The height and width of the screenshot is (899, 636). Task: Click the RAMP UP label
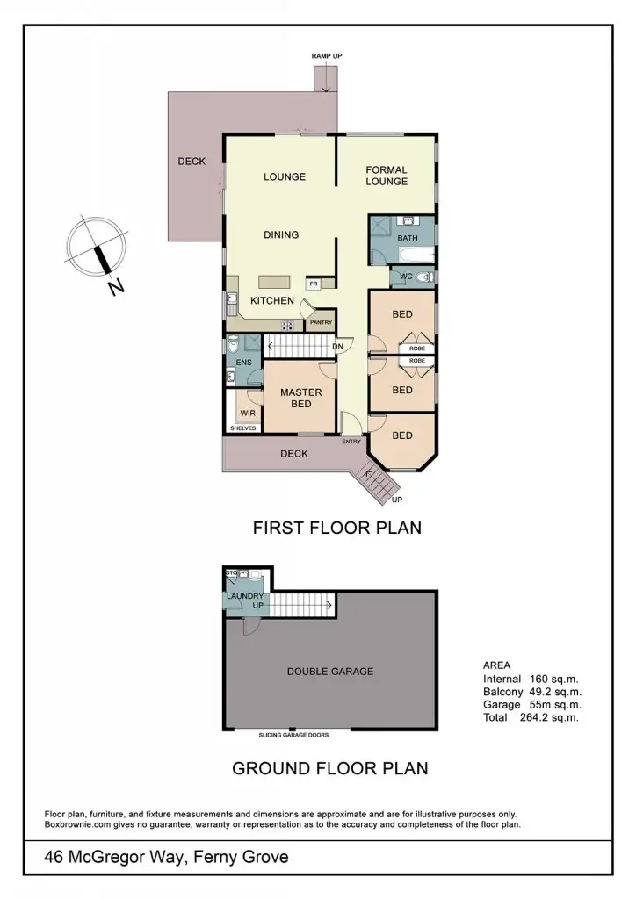pos(327,56)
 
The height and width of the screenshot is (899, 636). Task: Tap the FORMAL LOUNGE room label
pos(387,176)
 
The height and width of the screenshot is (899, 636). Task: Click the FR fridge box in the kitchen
pos(313,284)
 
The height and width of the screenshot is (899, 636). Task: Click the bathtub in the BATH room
pos(413,255)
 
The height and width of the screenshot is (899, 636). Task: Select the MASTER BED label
pos(301,398)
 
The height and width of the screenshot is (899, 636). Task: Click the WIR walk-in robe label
pos(247,410)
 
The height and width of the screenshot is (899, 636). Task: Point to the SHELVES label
pos(243,428)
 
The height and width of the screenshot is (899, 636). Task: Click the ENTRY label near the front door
pos(351,442)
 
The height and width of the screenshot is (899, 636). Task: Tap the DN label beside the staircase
pos(336,346)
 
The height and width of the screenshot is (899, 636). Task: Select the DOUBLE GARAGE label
pos(330,672)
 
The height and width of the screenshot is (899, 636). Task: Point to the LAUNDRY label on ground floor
pos(246,597)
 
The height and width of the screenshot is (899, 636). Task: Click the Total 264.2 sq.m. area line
pos(531,717)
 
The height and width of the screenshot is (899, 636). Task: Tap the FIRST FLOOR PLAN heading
pos(337,528)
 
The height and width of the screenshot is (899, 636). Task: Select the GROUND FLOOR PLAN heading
pos(329,768)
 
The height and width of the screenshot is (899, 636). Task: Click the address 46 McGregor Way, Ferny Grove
pos(166,857)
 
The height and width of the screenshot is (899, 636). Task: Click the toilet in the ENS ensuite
pos(233,344)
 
